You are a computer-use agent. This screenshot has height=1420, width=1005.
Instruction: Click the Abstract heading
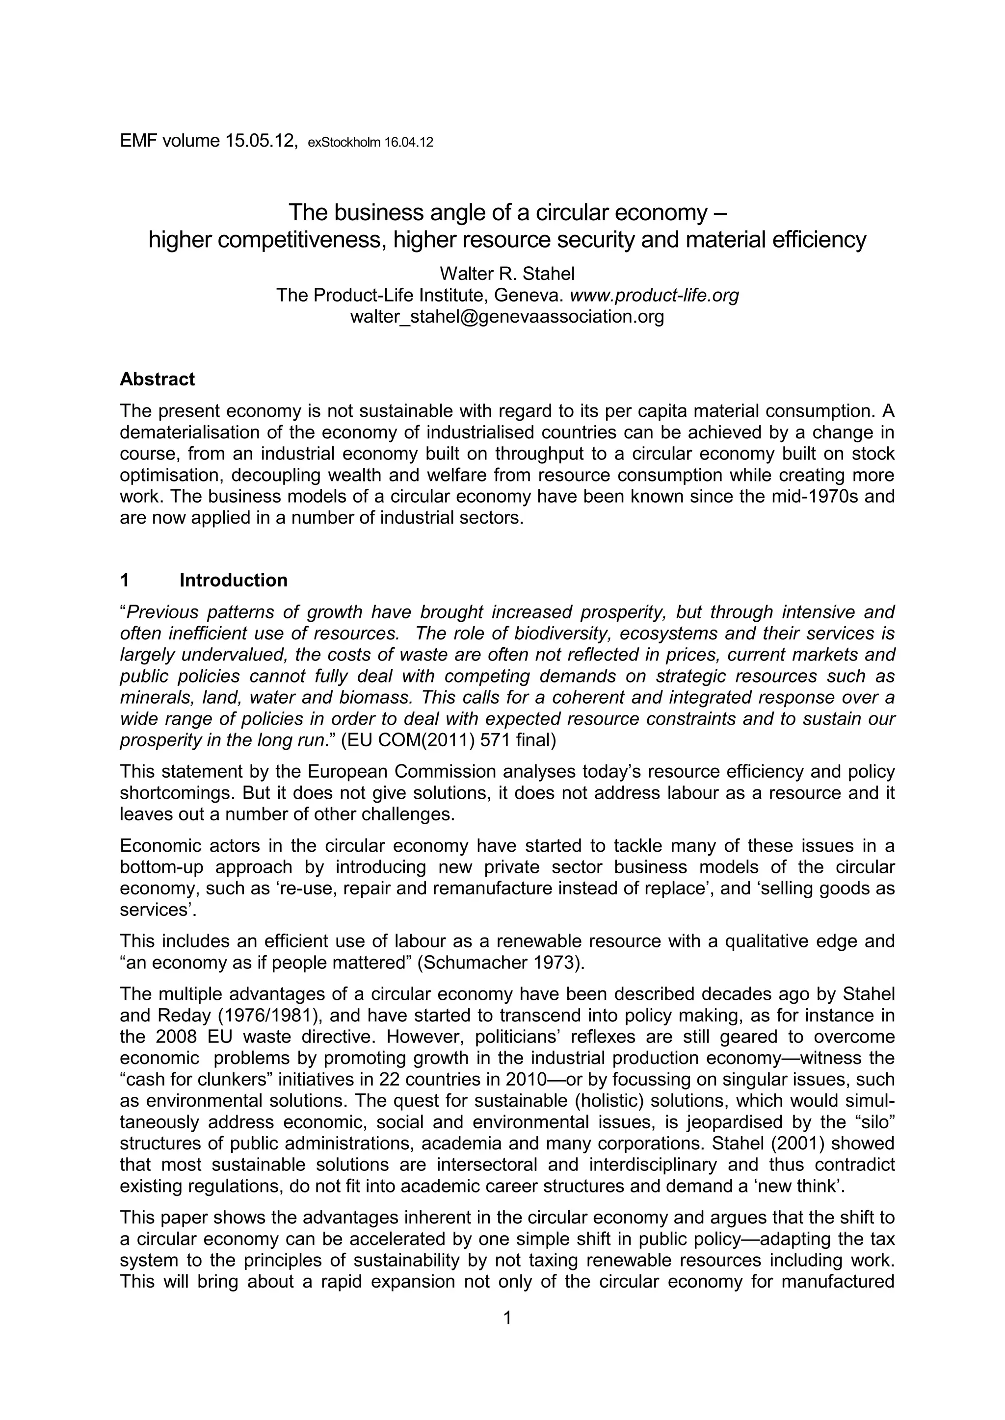point(157,379)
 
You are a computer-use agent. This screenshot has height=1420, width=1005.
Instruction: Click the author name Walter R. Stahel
point(507,274)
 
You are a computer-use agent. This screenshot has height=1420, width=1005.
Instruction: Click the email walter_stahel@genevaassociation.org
point(507,317)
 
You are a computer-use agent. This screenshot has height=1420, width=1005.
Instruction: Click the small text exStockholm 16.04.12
point(370,142)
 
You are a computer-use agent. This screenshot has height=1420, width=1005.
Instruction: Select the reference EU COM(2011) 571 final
point(448,740)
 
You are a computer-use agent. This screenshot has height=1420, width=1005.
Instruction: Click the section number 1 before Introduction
point(124,580)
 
